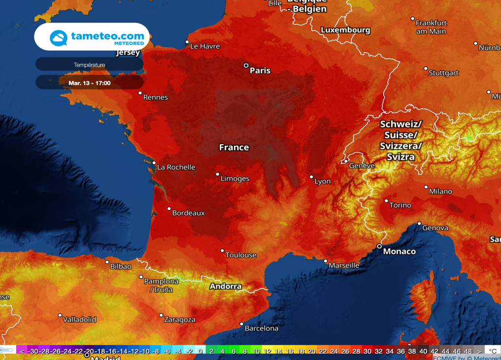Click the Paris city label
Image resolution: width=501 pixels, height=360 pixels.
260,70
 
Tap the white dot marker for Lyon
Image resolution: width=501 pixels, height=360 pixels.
311,177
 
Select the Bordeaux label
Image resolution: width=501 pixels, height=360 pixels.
188,213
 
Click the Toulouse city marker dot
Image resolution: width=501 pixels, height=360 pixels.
222,251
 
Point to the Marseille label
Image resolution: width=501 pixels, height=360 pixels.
344,265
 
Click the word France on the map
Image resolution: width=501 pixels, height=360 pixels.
234,147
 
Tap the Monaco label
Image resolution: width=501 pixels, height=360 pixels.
400,251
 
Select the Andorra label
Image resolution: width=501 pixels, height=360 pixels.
226,286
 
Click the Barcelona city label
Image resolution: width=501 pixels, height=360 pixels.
261,328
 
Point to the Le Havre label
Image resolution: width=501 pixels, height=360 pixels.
205,46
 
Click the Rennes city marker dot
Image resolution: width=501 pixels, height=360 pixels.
140,93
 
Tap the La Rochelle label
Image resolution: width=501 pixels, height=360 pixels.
176,167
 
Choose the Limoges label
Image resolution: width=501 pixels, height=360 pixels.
235,179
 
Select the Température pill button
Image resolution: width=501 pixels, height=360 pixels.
89,65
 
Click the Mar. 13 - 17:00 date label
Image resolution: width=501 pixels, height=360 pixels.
90,83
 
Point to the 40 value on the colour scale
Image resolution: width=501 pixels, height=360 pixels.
423,351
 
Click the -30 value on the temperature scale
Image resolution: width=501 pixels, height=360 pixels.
33,351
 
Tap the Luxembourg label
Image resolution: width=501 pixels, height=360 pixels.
345,30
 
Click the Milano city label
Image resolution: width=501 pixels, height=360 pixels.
440,191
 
